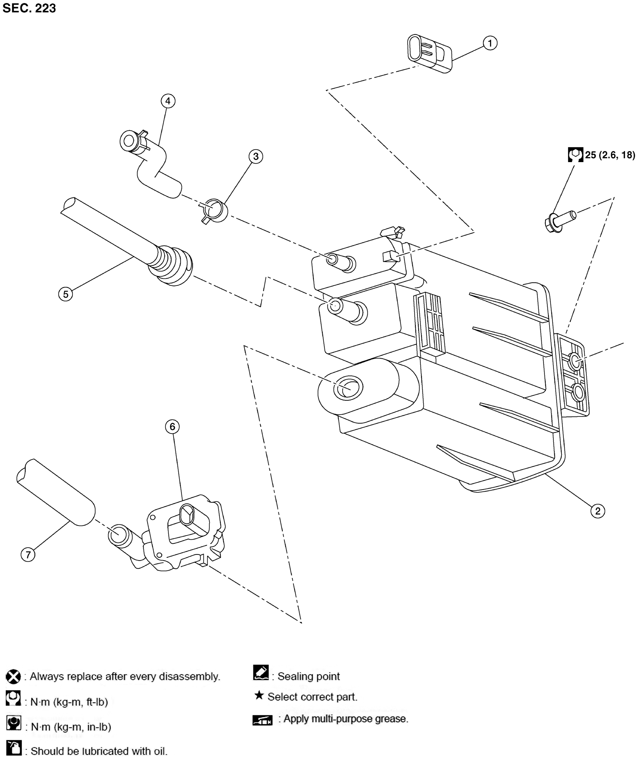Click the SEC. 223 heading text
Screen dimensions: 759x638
click(x=29, y=8)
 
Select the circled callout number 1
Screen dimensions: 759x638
click(x=490, y=43)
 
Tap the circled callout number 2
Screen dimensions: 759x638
click(x=597, y=511)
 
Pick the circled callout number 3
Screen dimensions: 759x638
click(x=256, y=157)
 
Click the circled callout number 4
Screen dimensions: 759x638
click(x=168, y=101)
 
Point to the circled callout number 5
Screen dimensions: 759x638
click(x=66, y=294)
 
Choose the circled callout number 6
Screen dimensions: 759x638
click(x=172, y=427)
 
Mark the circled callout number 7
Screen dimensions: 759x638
click(x=28, y=554)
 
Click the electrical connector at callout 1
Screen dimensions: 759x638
click(x=429, y=53)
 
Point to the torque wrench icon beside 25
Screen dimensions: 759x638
click(x=575, y=155)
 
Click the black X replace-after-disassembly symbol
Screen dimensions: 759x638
click(x=13, y=676)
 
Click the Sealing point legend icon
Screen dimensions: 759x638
click(x=261, y=673)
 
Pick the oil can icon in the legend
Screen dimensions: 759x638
click(x=14, y=748)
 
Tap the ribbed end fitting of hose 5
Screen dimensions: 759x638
click(x=170, y=266)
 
